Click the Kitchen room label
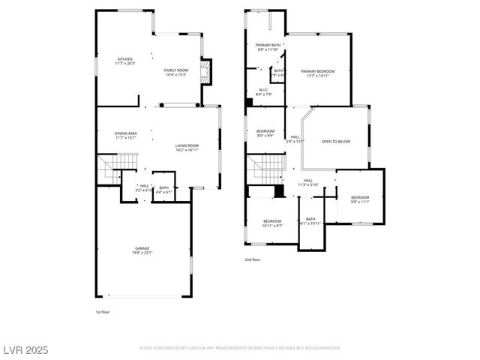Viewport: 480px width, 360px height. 124,58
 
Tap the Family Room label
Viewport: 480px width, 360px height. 175,70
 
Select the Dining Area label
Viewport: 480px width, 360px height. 125,133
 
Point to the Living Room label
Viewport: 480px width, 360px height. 187,145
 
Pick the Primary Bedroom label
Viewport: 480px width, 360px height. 320,71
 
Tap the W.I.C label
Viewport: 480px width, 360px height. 263,90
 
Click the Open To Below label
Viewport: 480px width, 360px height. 336,141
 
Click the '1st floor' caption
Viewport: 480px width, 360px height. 102,311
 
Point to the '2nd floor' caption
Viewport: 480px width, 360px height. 252,259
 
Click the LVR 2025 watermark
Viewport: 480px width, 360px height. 25,349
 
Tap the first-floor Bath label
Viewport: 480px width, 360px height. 163,187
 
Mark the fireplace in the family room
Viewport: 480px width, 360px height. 209,71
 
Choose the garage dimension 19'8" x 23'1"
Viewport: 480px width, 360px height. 142,253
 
